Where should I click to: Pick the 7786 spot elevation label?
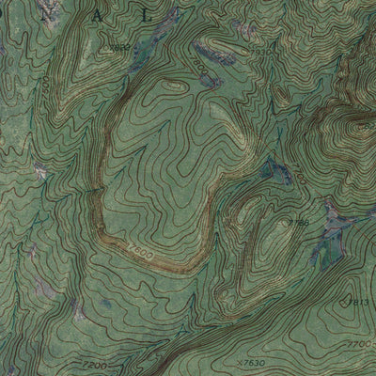point(300,223)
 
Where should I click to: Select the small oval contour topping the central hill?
point(171,84)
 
